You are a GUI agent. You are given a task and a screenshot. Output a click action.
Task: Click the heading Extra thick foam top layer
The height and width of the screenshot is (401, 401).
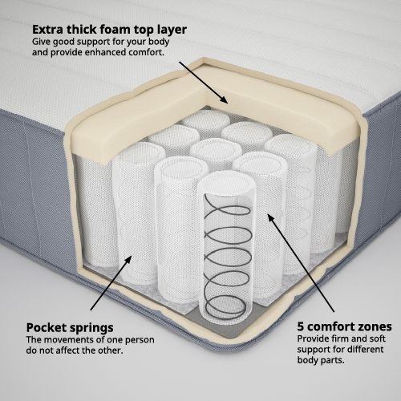click(109, 30)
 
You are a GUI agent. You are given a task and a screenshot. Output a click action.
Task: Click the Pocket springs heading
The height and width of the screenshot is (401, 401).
click(70, 328)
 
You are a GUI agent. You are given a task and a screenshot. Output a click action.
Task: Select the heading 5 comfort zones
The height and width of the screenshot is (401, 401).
click(345, 326)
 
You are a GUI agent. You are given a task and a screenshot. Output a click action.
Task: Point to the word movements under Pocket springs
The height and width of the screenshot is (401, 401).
click(67, 340)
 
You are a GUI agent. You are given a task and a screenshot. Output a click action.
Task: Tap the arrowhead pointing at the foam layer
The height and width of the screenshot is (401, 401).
click(223, 99)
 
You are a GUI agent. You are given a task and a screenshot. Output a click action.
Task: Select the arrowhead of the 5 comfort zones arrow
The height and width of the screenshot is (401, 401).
click(271, 218)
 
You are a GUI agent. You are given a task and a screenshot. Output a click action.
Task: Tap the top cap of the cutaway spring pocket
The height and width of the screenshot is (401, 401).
click(227, 182)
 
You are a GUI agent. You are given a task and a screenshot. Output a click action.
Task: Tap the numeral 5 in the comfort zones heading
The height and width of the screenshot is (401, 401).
click(301, 326)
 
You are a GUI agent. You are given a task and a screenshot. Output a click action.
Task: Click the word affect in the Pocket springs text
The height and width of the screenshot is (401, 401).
click(67, 350)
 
